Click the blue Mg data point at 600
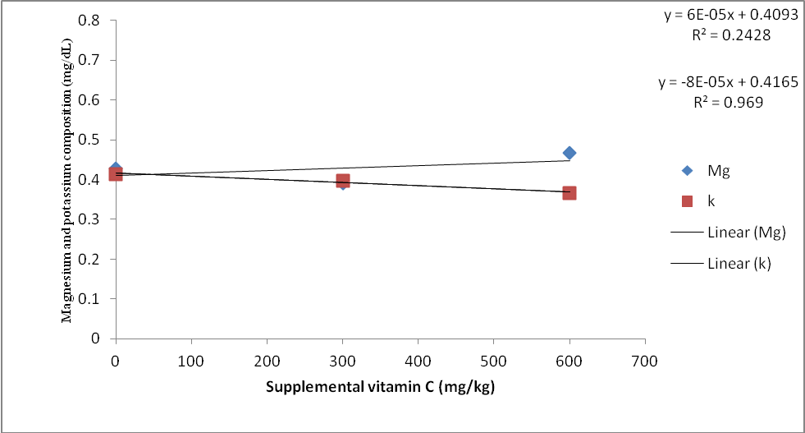pyautogui.click(x=569, y=153)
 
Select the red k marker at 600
pyautogui.click(x=569, y=193)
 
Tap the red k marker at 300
pyautogui.click(x=343, y=181)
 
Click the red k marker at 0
pyautogui.click(x=116, y=173)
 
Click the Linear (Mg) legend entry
pyautogui.click(x=729, y=233)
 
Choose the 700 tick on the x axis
pyautogui.click(x=645, y=359)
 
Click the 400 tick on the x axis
pyautogui.click(x=418, y=359)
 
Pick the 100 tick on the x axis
pyautogui.click(x=191, y=359)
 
